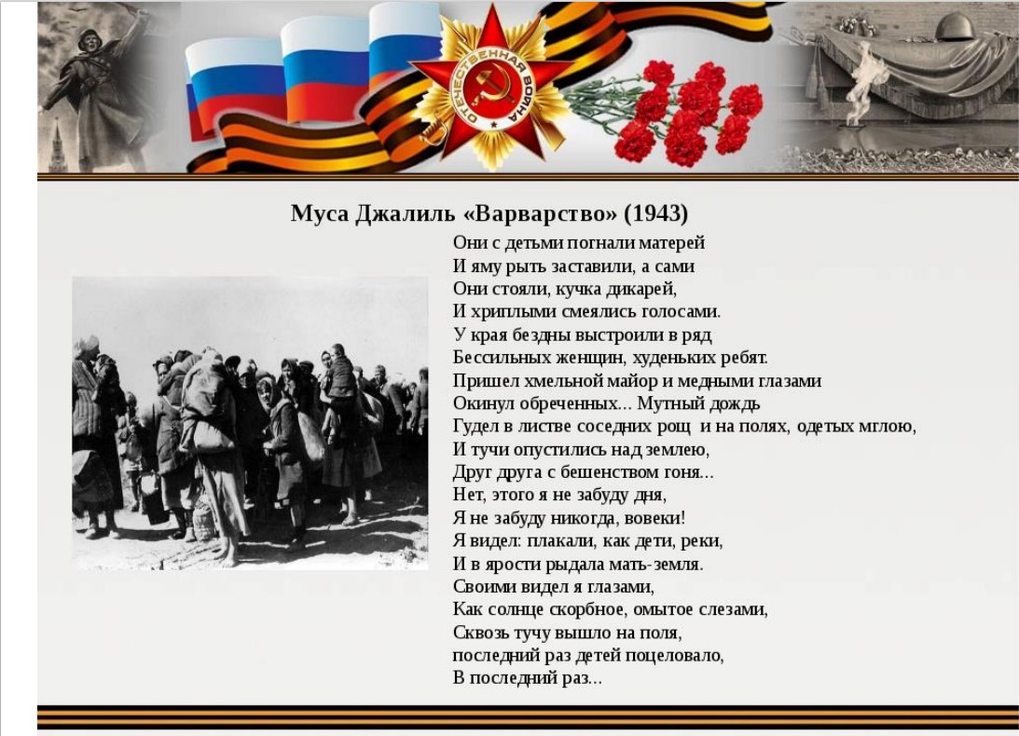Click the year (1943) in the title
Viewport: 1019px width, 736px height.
click(x=655, y=213)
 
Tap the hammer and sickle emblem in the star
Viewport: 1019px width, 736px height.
click(x=491, y=86)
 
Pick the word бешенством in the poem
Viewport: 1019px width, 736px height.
click(x=608, y=473)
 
